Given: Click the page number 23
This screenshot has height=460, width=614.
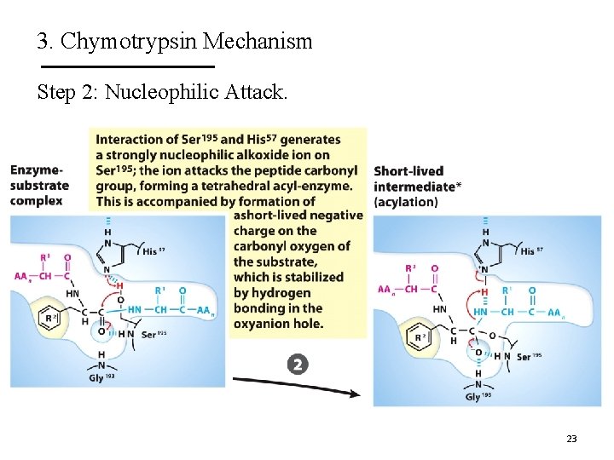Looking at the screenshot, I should pyautogui.click(x=571, y=439).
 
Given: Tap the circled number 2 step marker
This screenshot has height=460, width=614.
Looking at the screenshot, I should pyautogui.click(x=297, y=365).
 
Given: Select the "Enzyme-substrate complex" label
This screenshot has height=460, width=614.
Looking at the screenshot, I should pyautogui.click(x=39, y=186).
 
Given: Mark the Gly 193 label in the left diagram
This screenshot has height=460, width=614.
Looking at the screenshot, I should pyautogui.click(x=101, y=377).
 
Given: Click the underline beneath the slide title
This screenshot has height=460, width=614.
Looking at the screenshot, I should pyautogui.click(x=128, y=66).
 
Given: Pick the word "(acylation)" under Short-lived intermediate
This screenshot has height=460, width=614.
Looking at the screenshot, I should pyautogui.click(x=406, y=202).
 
